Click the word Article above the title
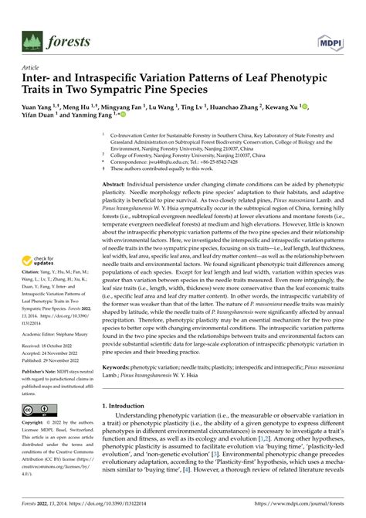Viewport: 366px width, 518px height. (x=19, y=66)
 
